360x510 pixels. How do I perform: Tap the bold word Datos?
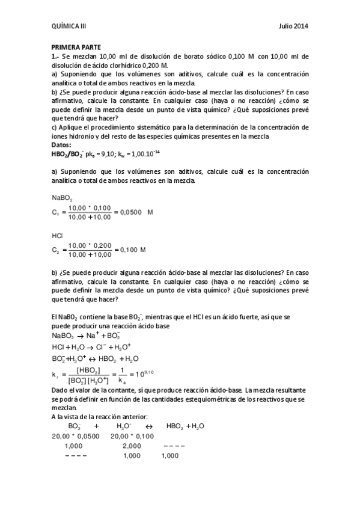tap(61, 145)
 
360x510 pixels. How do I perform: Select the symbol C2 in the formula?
tap(56, 249)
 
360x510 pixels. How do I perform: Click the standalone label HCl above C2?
tap(58, 235)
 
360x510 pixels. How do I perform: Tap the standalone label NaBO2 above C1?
tap(63, 198)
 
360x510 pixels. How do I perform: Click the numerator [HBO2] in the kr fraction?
tap(89, 369)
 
